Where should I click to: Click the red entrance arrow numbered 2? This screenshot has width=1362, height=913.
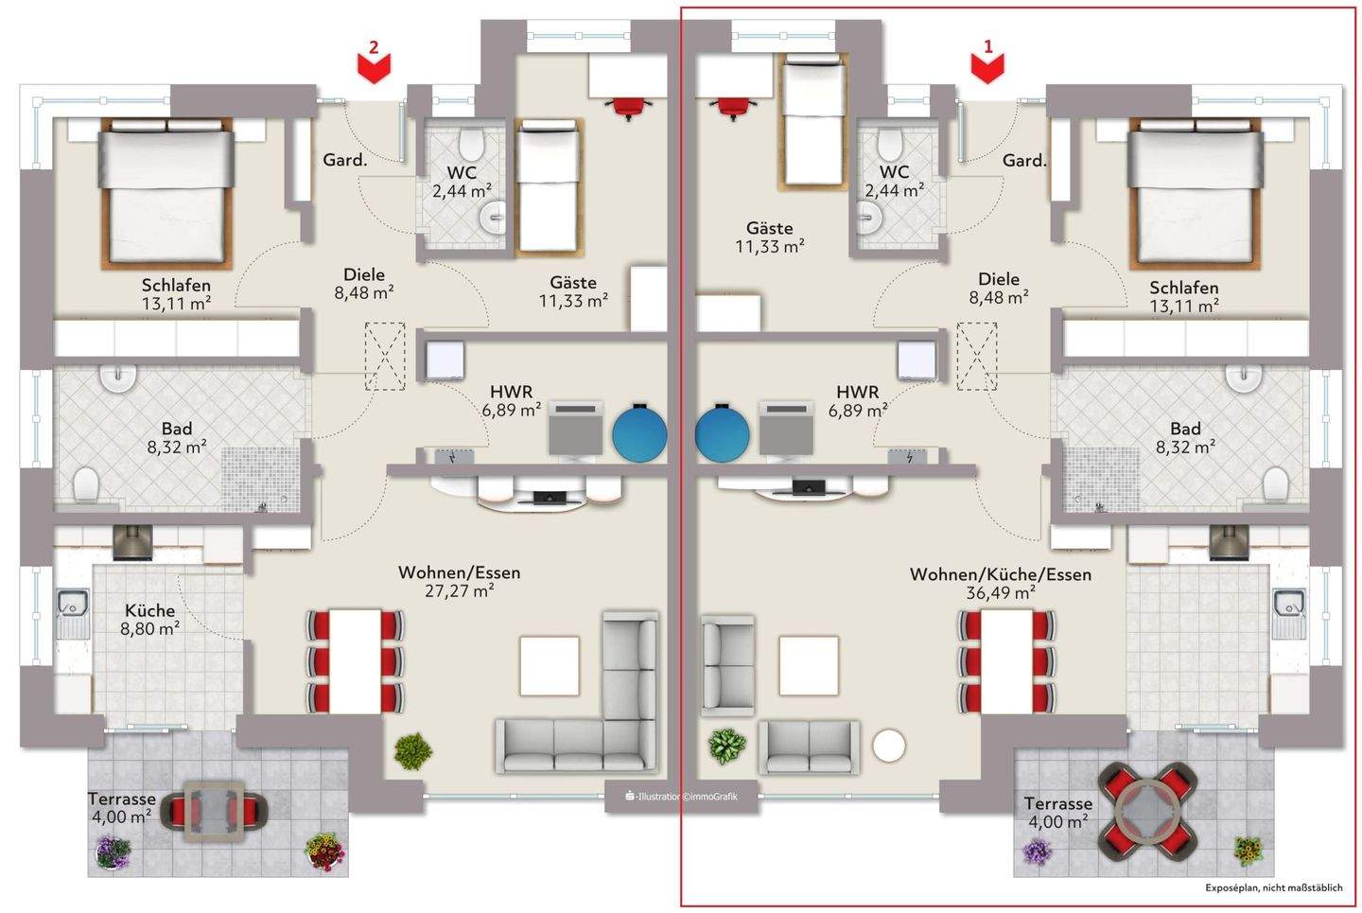tap(375, 67)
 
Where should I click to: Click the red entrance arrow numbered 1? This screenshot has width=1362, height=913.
tap(988, 67)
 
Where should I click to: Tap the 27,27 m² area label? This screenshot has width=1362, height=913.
tap(460, 591)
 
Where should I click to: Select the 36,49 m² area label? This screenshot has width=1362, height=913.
tap(1000, 593)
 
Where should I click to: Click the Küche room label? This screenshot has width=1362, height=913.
tap(149, 610)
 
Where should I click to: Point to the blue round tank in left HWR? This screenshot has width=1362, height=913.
tap(639, 432)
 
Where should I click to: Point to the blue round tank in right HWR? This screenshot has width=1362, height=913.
tap(723, 432)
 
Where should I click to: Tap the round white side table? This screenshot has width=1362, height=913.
tap(889, 746)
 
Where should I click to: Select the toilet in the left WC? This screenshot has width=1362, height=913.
tap(470, 145)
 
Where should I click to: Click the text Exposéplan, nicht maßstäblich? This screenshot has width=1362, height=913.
tap(1273, 887)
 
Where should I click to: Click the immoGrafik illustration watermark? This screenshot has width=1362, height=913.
tap(681, 797)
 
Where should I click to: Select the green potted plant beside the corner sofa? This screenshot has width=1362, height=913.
tap(412, 751)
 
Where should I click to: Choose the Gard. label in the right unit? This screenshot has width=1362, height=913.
tap(1024, 161)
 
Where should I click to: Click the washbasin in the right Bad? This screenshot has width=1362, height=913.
tap(1245, 377)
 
